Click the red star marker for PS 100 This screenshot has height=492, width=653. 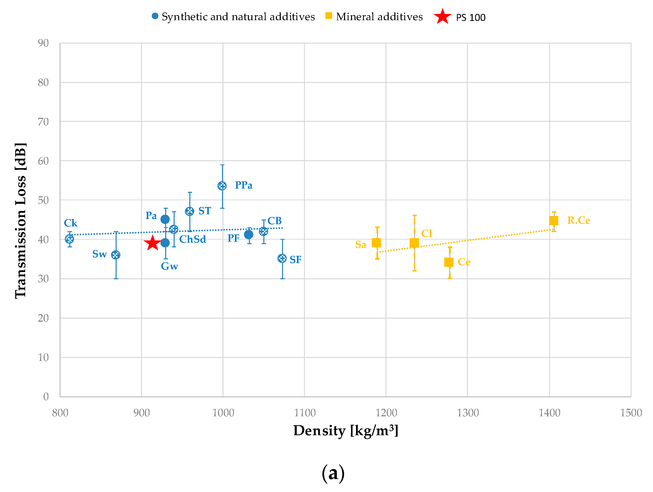(152, 243)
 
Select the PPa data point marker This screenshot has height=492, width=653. (222, 186)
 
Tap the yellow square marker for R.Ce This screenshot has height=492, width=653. (554, 220)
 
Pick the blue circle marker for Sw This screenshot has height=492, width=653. (116, 255)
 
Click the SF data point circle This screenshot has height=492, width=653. (282, 259)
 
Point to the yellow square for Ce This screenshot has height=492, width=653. (449, 262)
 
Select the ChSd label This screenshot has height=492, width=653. (193, 239)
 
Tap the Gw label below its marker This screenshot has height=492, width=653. (169, 266)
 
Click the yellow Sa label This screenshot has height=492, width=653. (361, 244)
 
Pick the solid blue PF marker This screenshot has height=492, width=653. (249, 235)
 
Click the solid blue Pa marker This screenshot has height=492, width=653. (165, 219)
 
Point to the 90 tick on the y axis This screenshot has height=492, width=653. (43, 43)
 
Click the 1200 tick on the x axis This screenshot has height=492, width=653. (386, 413)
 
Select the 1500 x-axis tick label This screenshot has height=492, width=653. (631, 413)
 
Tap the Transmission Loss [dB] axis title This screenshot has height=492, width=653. (21, 220)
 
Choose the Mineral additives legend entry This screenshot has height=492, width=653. (379, 17)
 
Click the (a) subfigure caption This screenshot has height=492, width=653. (333, 473)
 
